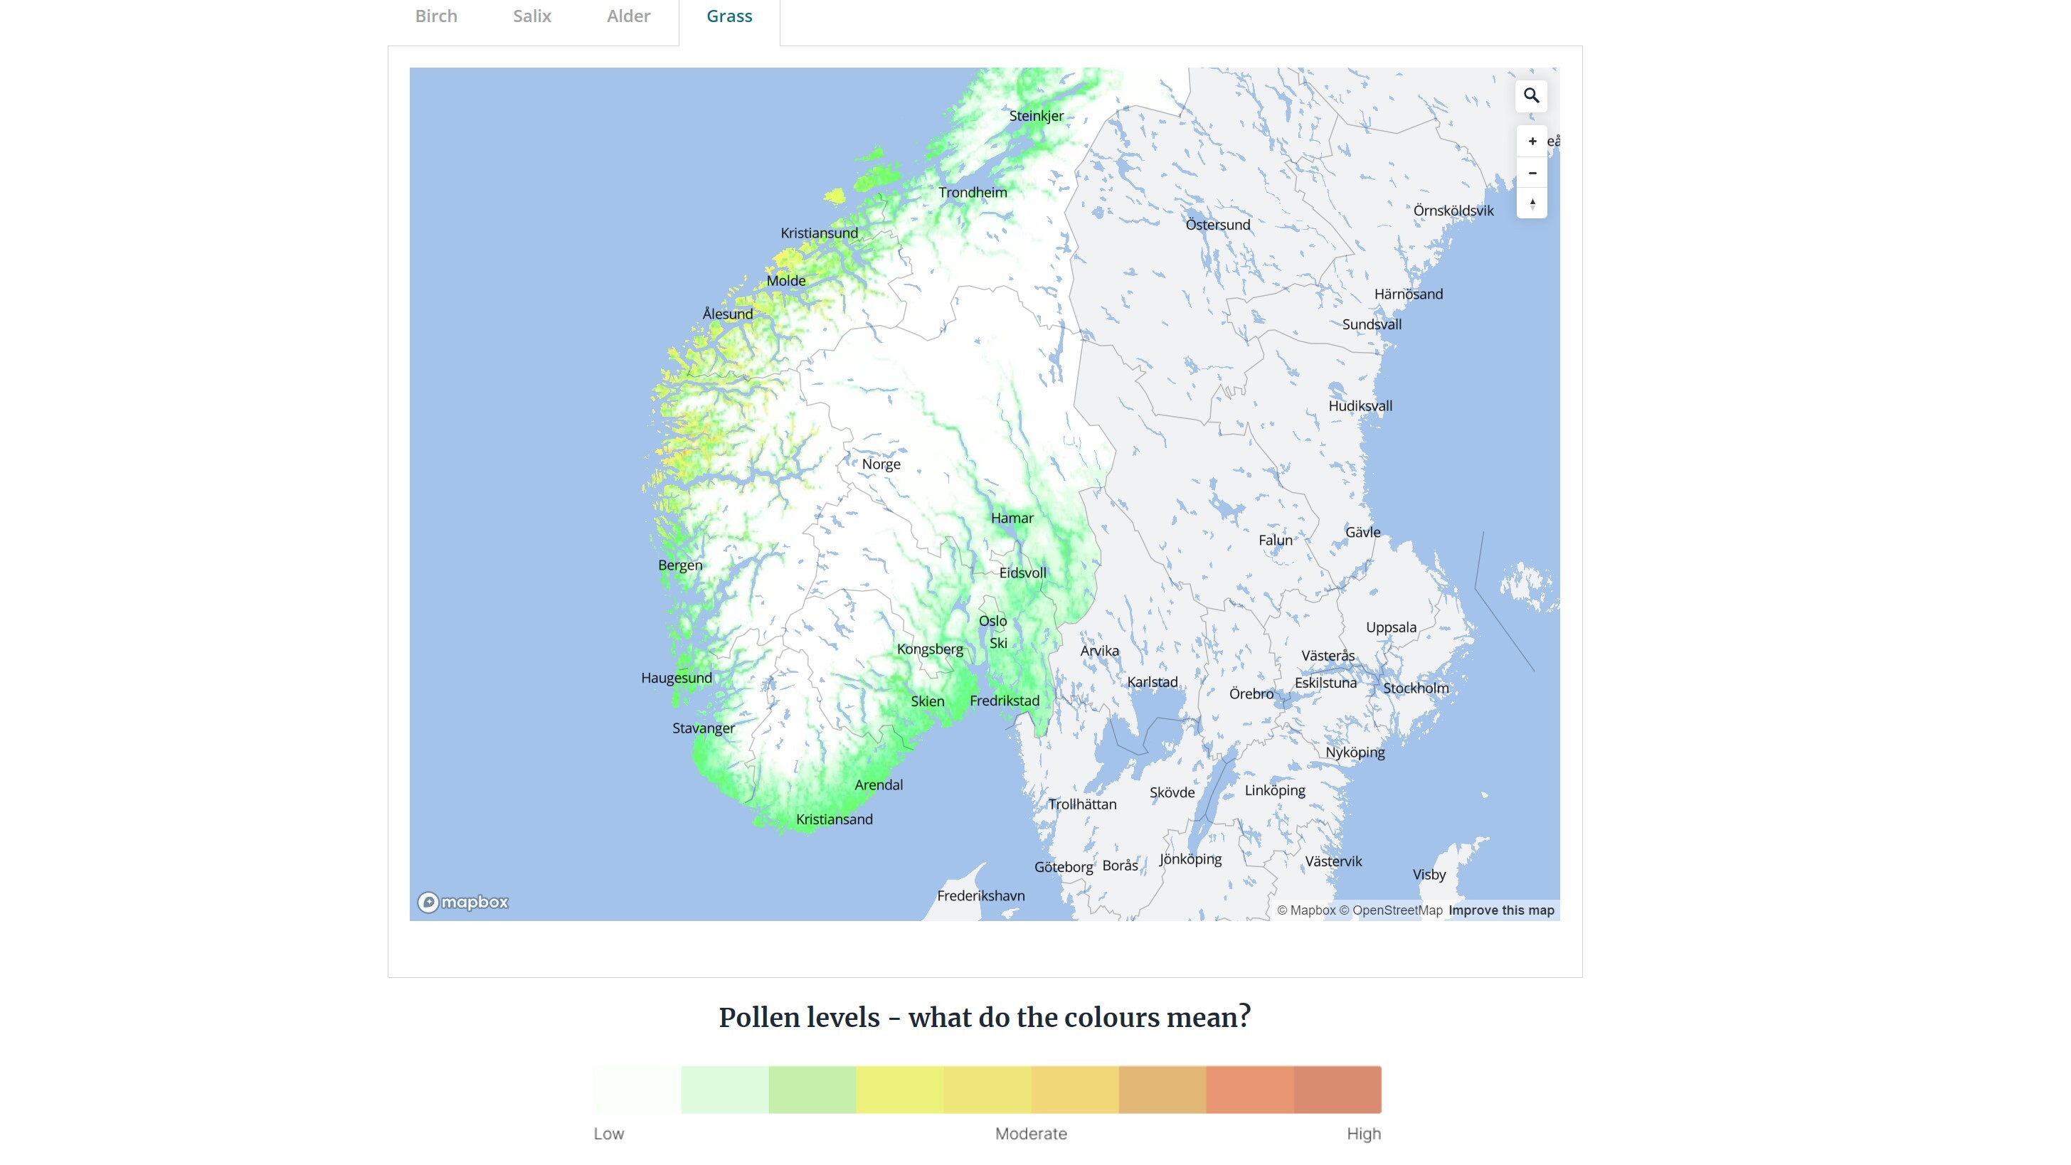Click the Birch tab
pos(435,16)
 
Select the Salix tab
pos(531,16)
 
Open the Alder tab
pos(628,16)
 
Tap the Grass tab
pos(729,16)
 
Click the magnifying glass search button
pos(1531,96)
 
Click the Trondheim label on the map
pos(972,192)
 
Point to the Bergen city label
pos(679,565)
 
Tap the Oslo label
pos(992,621)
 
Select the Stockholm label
pos(1415,688)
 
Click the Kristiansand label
pos(834,819)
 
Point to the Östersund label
pos(1217,225)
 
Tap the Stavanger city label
pos(704,728)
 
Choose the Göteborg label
pos(1063,867)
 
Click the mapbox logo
pos(463,902)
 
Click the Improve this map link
pos(1500,910)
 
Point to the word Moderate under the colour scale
pos(1031,1134)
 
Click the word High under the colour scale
pos(1364,1134)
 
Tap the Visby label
pos(1429,875)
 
